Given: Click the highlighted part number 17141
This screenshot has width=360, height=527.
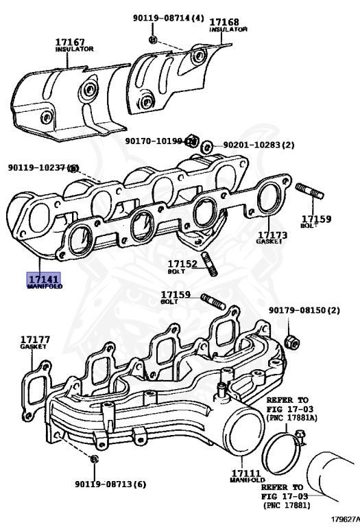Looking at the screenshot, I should tap(44, 279).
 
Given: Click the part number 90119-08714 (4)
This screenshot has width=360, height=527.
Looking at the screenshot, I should tap(169, 18).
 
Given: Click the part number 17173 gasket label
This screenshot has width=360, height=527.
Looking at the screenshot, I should tap(273, 235).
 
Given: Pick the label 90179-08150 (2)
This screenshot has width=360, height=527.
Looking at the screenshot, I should tap(304, 310).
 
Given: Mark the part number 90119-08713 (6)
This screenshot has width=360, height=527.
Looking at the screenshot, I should tap(110, 484).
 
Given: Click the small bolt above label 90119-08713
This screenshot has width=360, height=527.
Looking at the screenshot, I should tap(95, 458).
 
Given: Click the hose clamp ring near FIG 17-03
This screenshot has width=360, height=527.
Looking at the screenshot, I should tap(285, 449).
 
